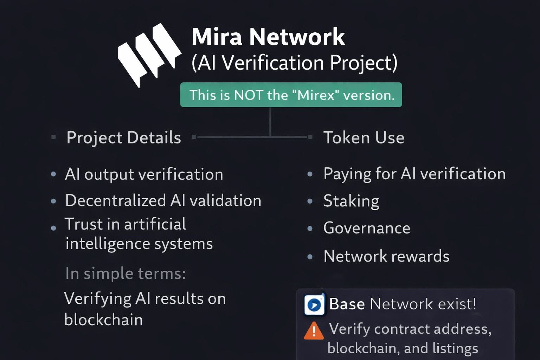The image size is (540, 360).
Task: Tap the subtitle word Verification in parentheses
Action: tap(273, 63)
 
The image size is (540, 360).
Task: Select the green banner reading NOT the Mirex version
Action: tap(291, 95)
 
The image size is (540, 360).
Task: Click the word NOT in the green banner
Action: tap(249, 95)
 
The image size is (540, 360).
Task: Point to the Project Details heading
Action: tap(124, 137)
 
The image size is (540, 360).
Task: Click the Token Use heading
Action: tap(364, 137)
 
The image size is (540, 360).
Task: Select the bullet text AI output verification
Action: tap(144, 174)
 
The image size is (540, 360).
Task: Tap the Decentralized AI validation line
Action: tap(163, 201)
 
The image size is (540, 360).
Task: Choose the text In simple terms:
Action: tap(126, 274)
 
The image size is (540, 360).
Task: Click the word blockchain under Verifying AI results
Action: tap(104, 320)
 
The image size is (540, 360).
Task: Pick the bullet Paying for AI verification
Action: tap(414, 174)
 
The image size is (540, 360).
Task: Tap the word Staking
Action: tap(351, 201)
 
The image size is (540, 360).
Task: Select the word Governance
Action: tap(367, 228)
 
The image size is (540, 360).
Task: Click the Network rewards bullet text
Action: tap(386, 256)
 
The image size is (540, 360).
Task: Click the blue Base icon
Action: tap(314, 304)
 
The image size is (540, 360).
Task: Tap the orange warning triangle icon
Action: tap(314, 331)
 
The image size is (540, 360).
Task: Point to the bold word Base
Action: tap(347, 304)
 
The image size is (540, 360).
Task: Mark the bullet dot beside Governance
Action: tap(310, 229)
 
